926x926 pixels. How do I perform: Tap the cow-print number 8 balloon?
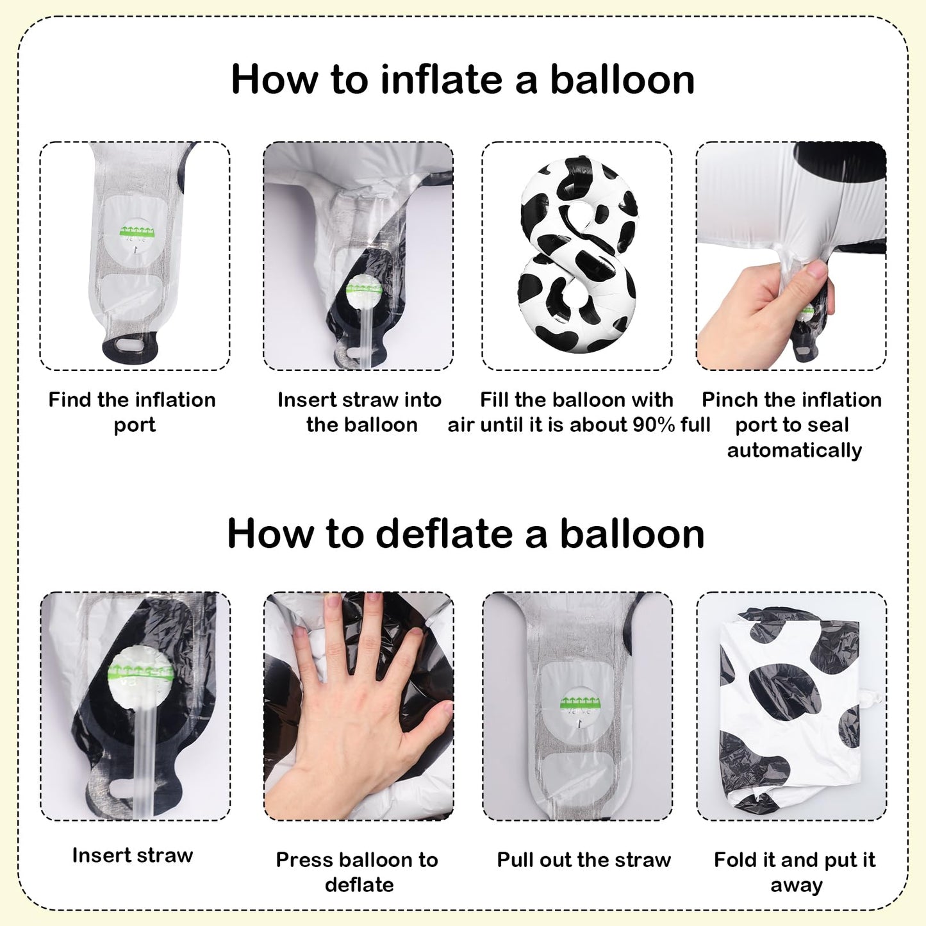[x=578, y=254]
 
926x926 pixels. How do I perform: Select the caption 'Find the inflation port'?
[x=133, y=412]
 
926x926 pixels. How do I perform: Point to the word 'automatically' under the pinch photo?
[x=795, y=451]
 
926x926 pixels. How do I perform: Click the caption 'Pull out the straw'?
[x=584, y=860]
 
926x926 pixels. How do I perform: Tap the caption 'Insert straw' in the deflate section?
[x=133, y=855]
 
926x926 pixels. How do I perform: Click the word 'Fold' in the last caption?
[x=734, y=860]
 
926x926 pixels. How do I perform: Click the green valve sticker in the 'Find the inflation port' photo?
[x=138, y=231]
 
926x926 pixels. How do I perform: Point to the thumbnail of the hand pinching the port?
[x=791, y=256]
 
